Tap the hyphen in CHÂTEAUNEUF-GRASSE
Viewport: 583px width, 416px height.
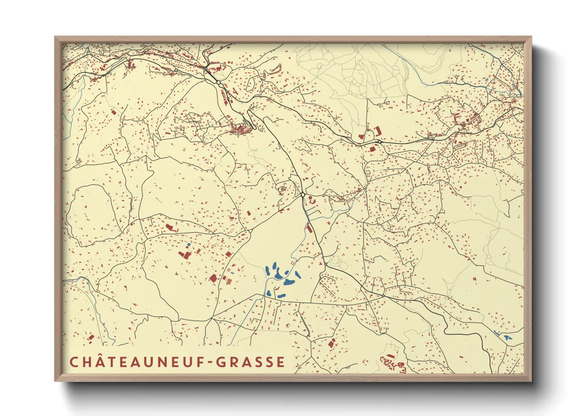click(x=210, y=362)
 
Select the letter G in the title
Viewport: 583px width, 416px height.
click(x=222, y=362)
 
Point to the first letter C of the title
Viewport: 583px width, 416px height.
click(x=74, y=362)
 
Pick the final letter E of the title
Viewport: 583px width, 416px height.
click(x=280, y=362)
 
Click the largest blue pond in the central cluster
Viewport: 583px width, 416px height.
click(x=289, y=282)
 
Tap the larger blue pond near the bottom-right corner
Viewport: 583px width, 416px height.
click(x=507, y=337)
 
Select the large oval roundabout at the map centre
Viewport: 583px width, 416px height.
click(x=303, y=195)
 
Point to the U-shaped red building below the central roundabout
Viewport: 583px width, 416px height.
click(x=313, y=201)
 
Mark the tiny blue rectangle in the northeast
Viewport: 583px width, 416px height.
click(x=487, y=80)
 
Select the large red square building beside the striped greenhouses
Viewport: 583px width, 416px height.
click(x=213, y=278)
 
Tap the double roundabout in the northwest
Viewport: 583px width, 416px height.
click(x=217, y=83)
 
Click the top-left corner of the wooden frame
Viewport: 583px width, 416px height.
click(x=56, y=38)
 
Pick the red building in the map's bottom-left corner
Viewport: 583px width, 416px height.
click(x=91, y=337)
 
